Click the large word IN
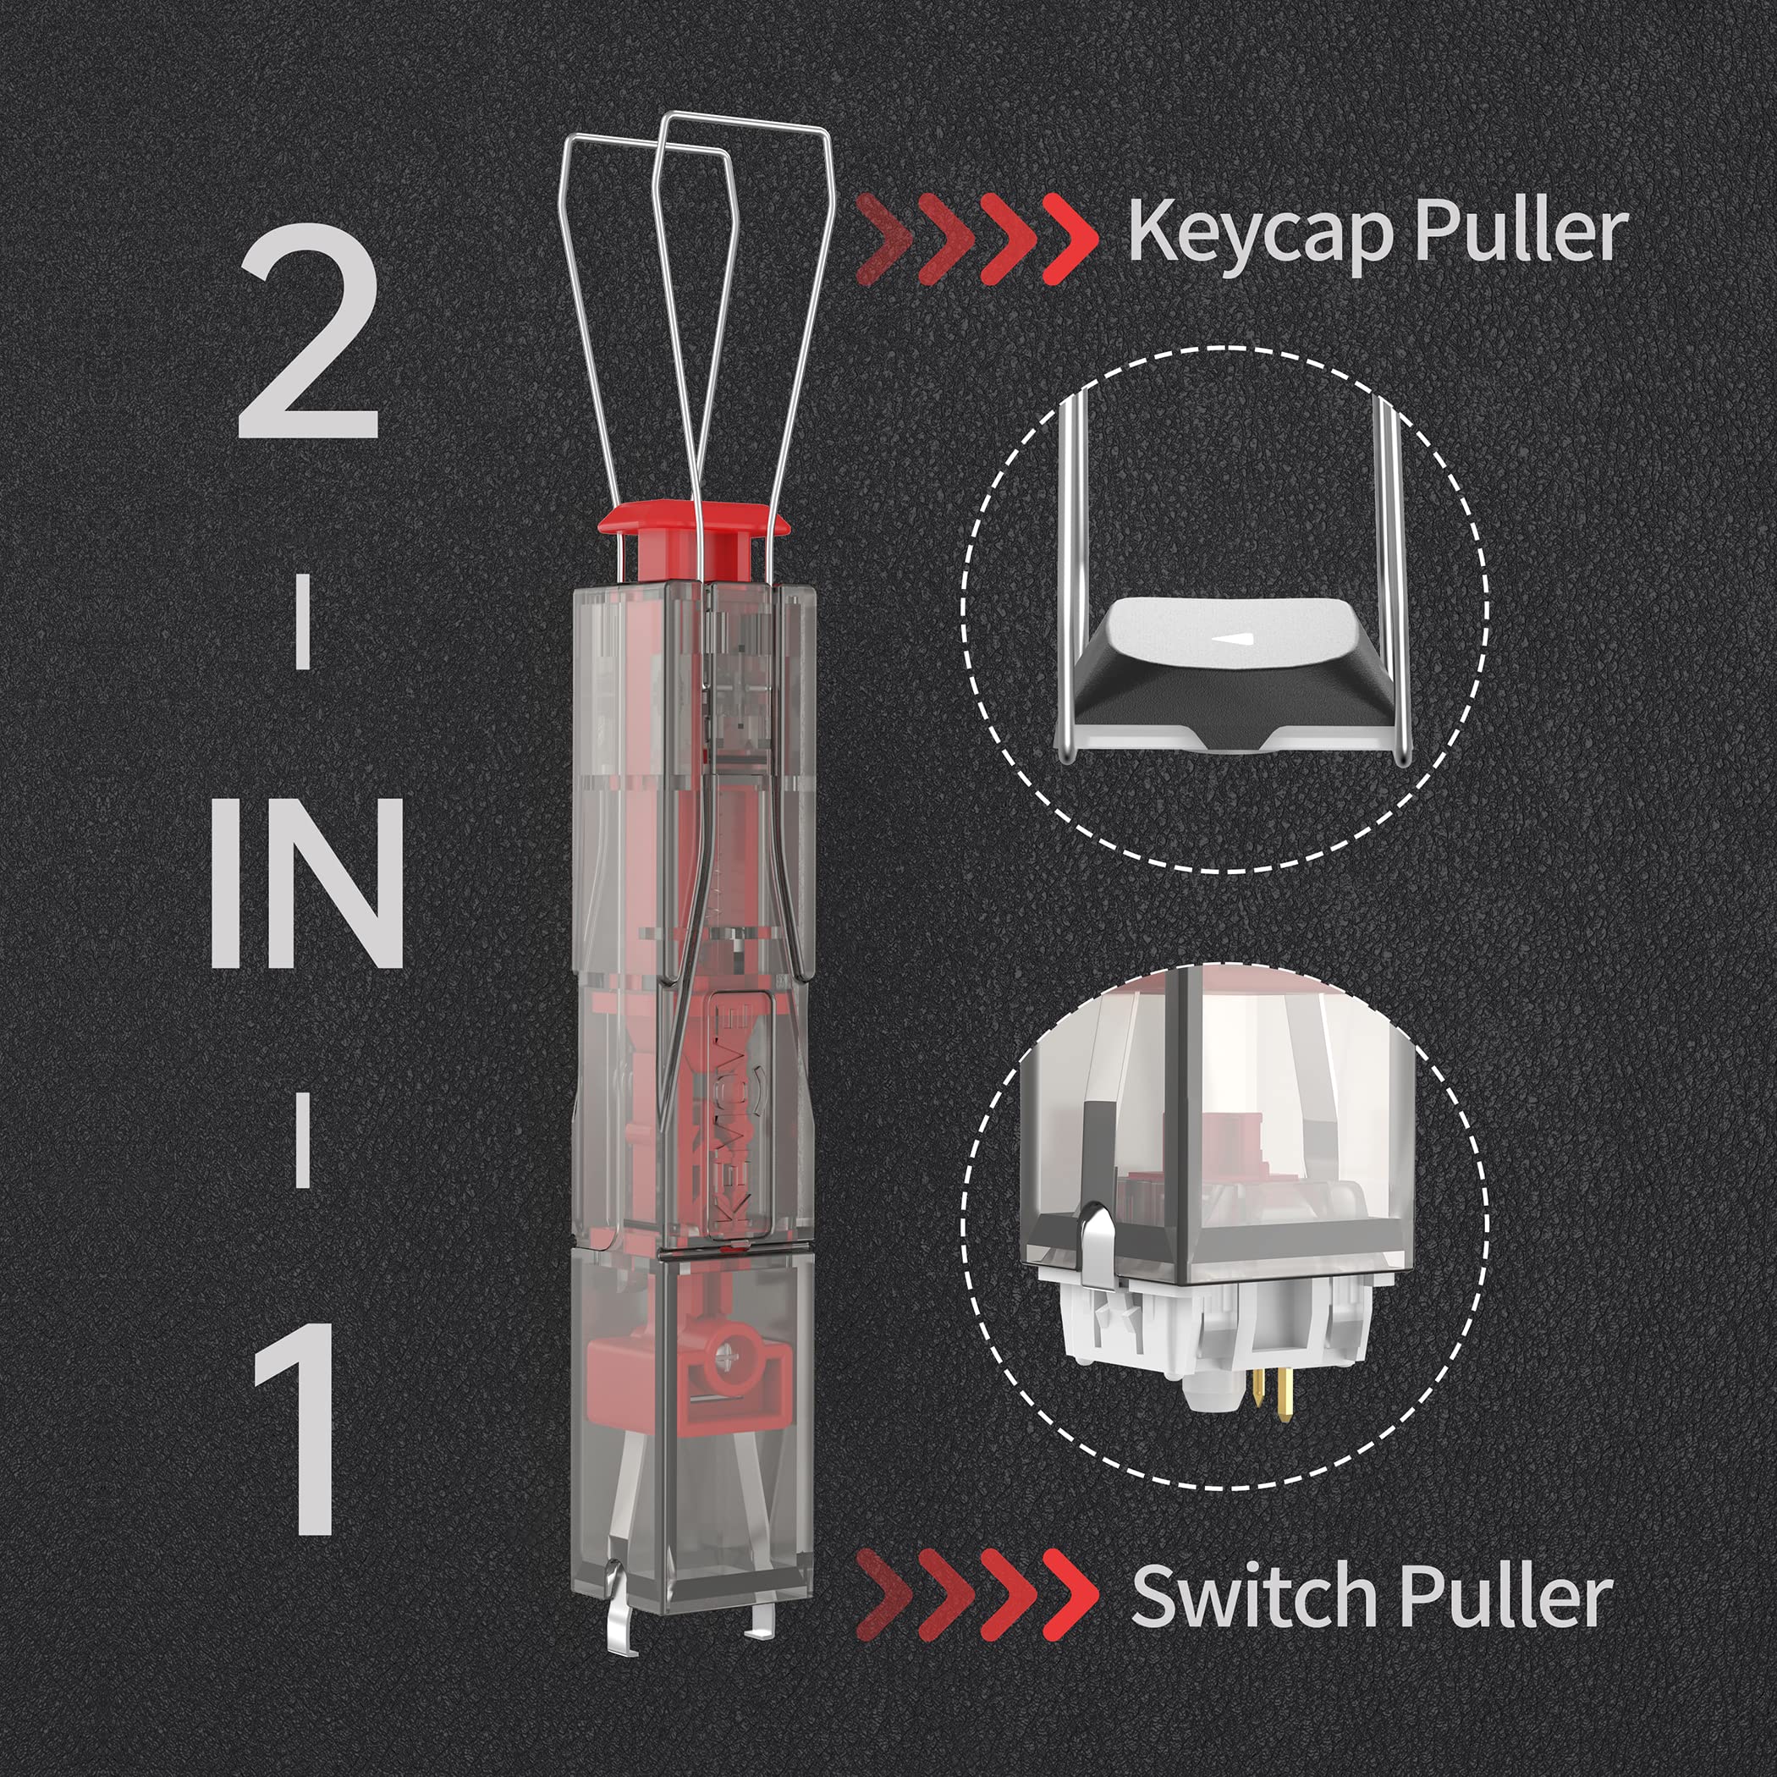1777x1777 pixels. [307, 883]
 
